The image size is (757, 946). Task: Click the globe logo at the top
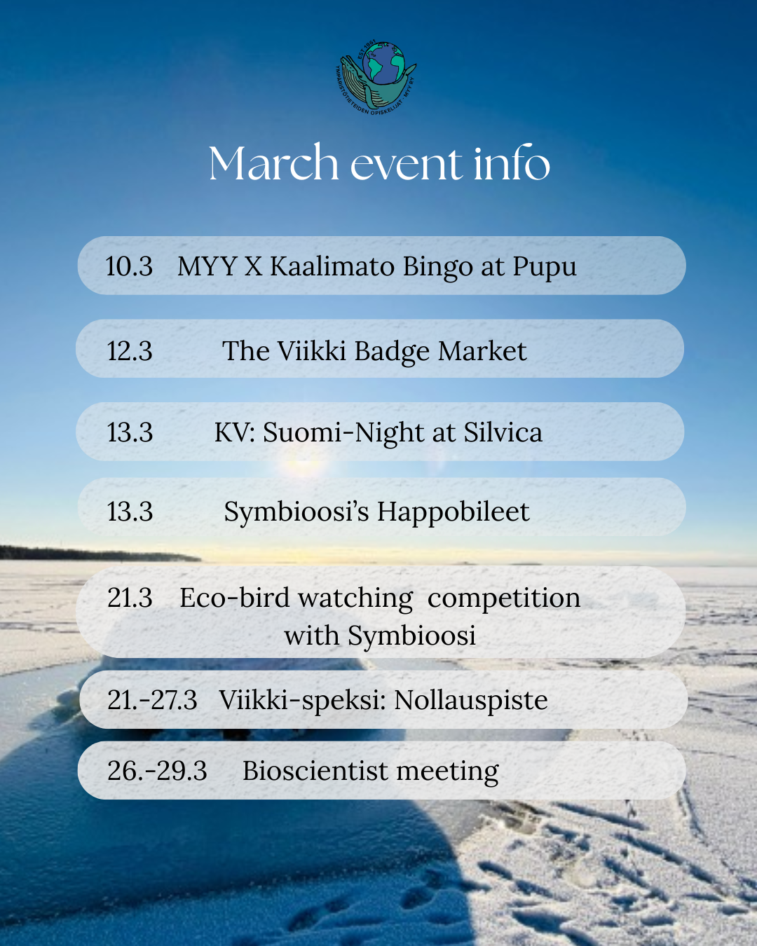(x=376, y=77)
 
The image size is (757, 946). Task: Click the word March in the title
(x=273, y=163)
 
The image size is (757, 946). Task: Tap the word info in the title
(x=512, y=162)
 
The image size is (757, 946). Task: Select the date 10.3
(x=129, y=266)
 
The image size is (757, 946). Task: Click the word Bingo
(x=437, y=268)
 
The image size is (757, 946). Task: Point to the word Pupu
(x=545, y=268)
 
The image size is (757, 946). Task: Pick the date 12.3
(x=129, y=351)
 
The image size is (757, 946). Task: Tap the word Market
(x=482, y=351)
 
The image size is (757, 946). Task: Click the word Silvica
(x=503, y=432)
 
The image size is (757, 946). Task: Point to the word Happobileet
(x=453, y=512)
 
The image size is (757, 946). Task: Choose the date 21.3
(x=130, y=598)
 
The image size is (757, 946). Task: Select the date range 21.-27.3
(x=152, y=700)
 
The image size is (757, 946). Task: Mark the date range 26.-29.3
(x=157, y=771)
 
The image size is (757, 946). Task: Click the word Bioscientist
(x=315, y=771)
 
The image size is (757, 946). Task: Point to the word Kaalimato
(x=332, y=266)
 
